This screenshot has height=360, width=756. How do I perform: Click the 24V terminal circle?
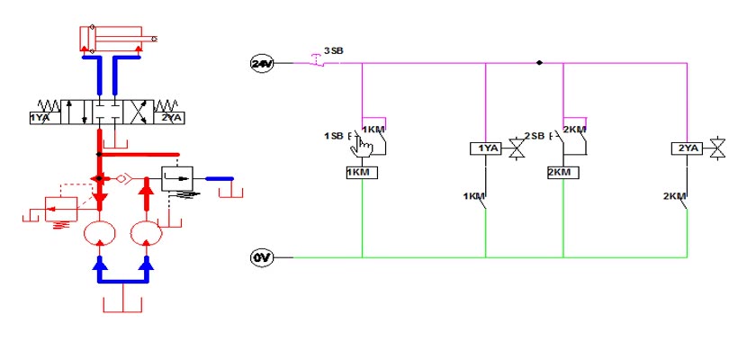pyautogui.click(x=262, y=63)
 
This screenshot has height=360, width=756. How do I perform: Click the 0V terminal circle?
pyautogui.click(x=262, y=257)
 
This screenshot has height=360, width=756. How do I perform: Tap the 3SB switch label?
pyautogui.click(x=334, y=50)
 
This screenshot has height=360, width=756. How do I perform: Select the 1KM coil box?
pyautogui.click(x=362, y=172)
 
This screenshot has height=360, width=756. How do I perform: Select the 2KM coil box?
pyautogui.click(x=563, y=172)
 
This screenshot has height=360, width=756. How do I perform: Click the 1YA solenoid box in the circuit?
pyautogui.click(x=485, y=148)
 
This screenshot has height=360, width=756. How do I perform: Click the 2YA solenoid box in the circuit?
pyautogui.click(x=687, y=148)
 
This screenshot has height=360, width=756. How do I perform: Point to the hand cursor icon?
pyautogui.click(x=361, y=145)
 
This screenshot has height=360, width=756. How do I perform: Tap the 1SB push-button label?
pyautogui.click(x=333, y=136)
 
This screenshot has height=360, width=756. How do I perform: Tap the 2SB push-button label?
pyautogui.click(x=535, y=136)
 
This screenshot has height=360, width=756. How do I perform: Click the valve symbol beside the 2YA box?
pyautogui.click(x=718, y=148)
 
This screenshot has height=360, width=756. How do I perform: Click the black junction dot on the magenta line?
pyautogui.click(x=539, y=63)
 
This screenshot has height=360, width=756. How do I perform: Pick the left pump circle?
pyautogui.click(x=100, y=233)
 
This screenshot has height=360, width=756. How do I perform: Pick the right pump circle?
pyautogui.click(x=147, y=233)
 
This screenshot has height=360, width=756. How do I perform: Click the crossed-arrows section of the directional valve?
pyautogui.click(x=139, y=112)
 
